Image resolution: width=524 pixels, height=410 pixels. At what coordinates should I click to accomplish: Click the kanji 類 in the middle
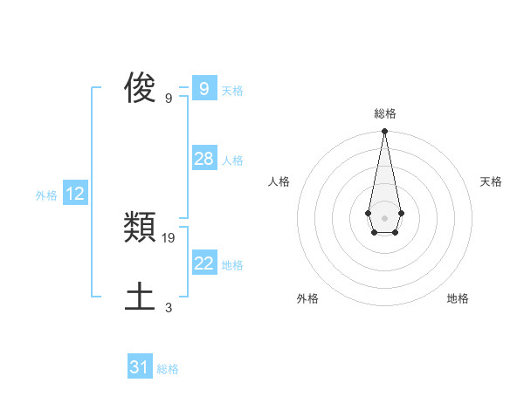point(141,229)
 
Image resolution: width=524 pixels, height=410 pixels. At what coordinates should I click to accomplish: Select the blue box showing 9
point(203,88)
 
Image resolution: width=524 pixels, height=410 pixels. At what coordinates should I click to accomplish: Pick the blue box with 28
point(203,158)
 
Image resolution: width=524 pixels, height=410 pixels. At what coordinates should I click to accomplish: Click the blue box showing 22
point(203,263)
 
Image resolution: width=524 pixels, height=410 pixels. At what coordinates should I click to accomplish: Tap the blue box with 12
point(75,194)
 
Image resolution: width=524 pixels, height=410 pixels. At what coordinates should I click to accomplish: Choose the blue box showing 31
point(140,367)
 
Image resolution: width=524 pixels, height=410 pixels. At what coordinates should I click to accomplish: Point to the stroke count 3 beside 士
point(169,308)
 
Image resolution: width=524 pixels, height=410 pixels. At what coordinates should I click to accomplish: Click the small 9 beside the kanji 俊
point(169,99)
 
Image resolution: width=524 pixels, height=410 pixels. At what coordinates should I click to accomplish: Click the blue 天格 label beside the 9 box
point(232,91)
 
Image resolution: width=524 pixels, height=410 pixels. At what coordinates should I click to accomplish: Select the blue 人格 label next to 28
point(232,161)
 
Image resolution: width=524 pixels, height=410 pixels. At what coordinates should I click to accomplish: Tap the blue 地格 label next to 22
point(232,265)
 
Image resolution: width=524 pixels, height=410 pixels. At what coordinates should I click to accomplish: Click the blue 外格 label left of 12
point(46,196)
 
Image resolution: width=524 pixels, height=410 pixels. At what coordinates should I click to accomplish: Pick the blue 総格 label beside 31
point(168,370)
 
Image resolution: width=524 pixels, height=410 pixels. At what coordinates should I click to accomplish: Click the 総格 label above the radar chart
point(385,113)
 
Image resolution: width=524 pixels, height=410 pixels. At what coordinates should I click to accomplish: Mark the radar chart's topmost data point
point(384,132)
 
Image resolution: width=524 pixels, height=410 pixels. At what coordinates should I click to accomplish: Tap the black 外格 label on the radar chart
point(307,299)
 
